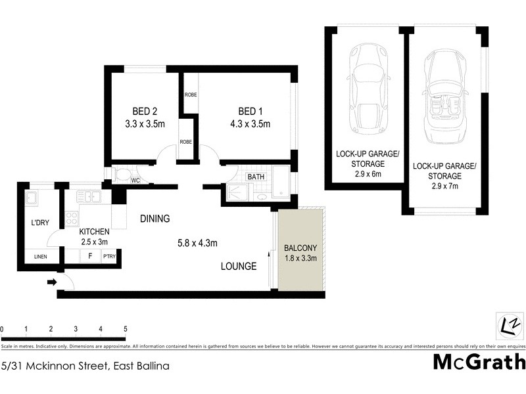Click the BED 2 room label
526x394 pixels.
click(x=140, y=110)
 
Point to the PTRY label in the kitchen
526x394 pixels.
click(x=108, y=257)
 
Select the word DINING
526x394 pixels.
click(x=155, y=219)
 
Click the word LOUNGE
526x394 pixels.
click(x=238, y=266)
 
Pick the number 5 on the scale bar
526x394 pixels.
click(x=125, y=329)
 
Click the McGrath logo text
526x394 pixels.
click(x=479, y=362)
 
